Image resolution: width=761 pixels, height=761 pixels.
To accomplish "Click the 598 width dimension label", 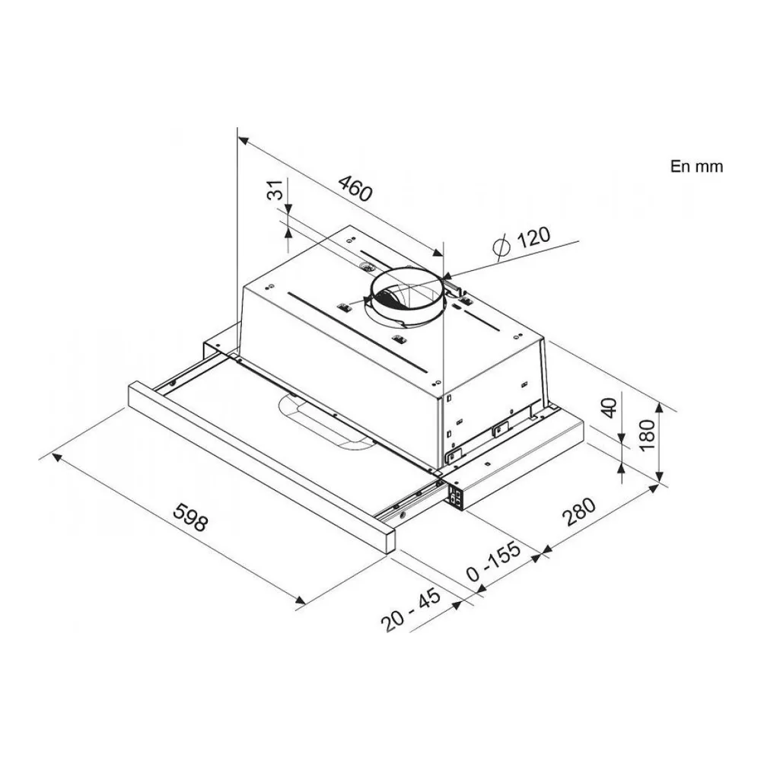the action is click(x=191, y=517).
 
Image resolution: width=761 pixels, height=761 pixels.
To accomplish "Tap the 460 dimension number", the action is click(x=355, y=188).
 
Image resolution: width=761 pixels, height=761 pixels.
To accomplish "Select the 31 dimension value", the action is click(x=275, y=189).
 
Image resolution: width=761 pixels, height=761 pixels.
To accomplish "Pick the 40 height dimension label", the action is click(x=609, y=408).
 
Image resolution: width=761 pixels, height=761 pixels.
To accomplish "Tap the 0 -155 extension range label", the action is click(x=493, y=561).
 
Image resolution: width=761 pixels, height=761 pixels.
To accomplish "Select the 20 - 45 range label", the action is click(x=411, y=609).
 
